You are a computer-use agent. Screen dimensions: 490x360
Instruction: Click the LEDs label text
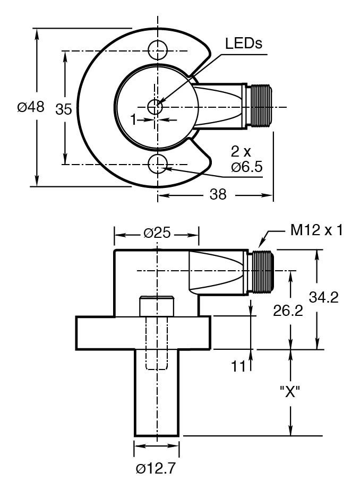[244, 44]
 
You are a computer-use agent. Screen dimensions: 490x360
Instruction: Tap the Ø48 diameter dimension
[31, 107]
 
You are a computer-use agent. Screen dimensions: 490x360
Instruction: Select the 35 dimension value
[64, 109]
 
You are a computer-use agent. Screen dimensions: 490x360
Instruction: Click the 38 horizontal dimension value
[218, 195]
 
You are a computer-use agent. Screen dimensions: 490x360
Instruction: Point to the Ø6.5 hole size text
[247, 168]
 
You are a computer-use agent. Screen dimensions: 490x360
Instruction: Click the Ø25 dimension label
[157, 233]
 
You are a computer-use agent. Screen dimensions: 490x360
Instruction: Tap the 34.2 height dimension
[324, 297]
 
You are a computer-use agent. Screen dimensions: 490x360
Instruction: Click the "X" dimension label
[290, 393]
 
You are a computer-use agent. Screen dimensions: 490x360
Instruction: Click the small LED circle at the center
[156, 106]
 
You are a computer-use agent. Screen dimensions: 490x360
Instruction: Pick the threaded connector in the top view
[260, 106]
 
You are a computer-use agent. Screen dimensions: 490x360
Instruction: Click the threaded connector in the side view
[260, 271]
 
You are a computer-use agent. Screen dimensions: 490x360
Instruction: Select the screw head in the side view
[157, 306]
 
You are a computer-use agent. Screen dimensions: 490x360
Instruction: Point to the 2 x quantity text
[241, 151]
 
